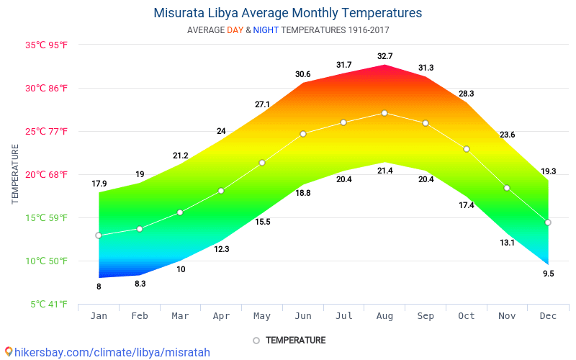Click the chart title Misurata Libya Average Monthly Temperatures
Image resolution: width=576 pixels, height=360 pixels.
[x=288, y=13]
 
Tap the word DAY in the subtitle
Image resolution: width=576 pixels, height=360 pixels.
[x=235, y=30]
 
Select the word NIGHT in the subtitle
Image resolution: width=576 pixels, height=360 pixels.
[x=266, y=30]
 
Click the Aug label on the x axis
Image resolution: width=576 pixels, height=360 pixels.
[x=384, y=315]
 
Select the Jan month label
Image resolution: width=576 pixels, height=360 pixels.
[x=99, y=315]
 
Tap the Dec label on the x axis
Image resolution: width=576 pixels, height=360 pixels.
[x=548, y=315]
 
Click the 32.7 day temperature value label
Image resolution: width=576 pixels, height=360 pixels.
[x=384, y=56]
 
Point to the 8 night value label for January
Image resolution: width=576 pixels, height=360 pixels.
[x=99, y=287]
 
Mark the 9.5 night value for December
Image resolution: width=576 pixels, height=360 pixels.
[x=548, y=274]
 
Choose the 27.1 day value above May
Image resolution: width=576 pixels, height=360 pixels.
[x=262, y=104]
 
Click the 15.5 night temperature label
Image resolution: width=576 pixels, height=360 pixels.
[x=263, y=222]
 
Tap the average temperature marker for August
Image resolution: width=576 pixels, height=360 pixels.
[x=384, y=113]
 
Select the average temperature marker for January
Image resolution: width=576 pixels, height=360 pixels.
[x=99, y=235]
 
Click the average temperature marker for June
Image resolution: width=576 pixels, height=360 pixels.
[x=303, y=134]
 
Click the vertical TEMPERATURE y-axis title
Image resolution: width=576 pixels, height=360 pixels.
[x=15, y=174]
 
